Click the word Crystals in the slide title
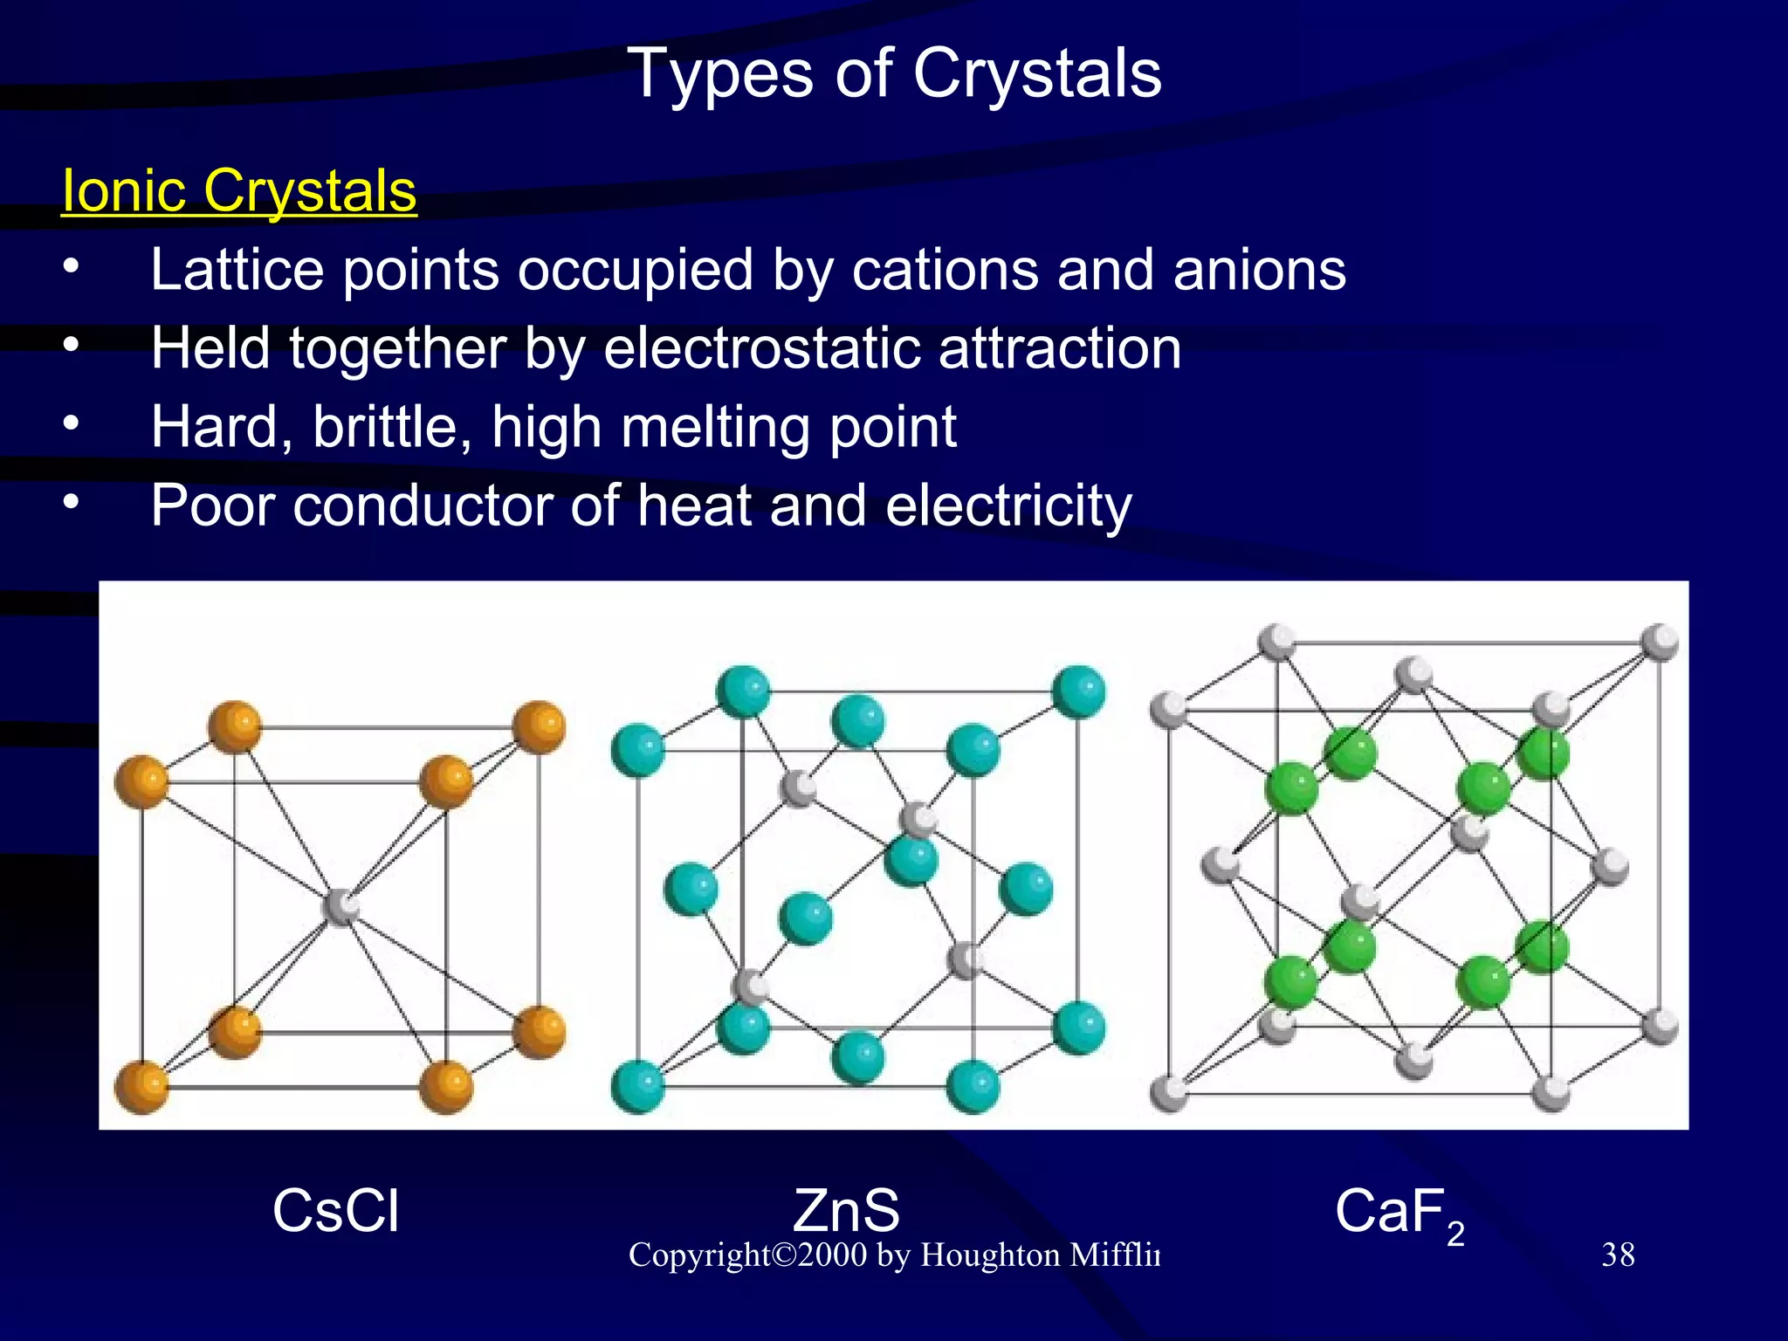click(x=1037, y=73)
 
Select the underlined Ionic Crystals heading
click(x=238, y=190)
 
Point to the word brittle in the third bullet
click(x=385, y=427)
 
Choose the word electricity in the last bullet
click(x=1008, y=505)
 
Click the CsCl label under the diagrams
click(x=335, y=1211)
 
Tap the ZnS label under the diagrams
click(x=845, y=1211)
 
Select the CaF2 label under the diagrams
click(x=1398, y=1214)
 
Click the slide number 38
click(x=1618, y=1255)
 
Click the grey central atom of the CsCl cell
click(x=340, y=907)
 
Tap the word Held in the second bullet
click(x=210, y=348)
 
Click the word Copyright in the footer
click(x=699, y=1255)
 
